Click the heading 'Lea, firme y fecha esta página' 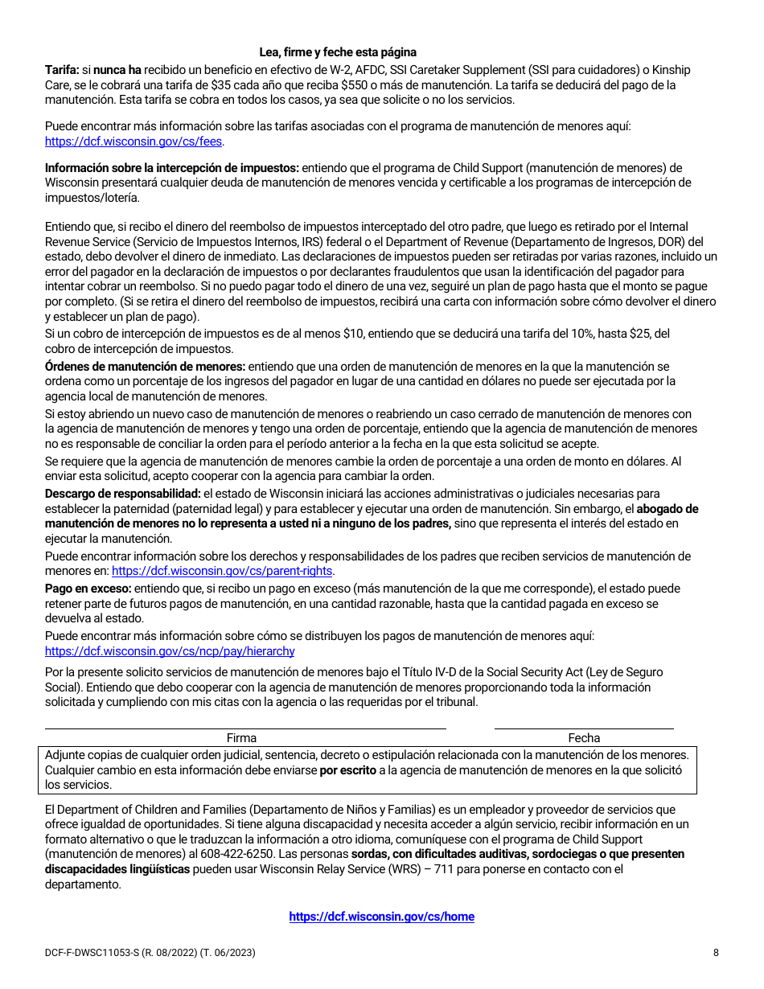[338, 52]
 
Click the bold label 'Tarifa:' [61, 70]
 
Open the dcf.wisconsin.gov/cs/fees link [133, 142]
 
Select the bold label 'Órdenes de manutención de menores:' [145, 367]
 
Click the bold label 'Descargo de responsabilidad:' [122, 493]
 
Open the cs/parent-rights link [222, 571]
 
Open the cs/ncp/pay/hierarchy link [170, 651]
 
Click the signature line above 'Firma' [245, 728]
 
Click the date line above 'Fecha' [584, 728]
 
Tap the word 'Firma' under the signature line [241, 738]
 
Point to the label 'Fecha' [584, 738]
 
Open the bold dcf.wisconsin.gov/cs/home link [381, 917]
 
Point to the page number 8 [715, 953]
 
